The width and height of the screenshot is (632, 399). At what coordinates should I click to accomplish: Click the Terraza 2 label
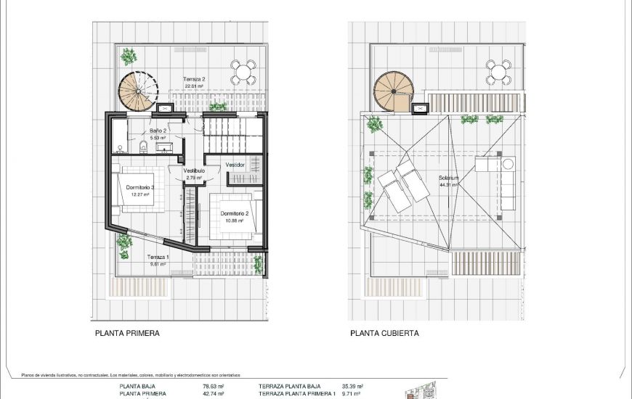coord(194,78)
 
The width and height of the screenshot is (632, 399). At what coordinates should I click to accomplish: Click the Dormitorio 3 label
coord(139,187)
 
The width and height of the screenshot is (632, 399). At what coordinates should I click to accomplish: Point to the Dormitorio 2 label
coord(235,213)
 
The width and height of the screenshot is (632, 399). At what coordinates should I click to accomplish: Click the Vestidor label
coord(235,165)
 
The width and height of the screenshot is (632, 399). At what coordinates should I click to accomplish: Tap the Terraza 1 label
coord(158,258)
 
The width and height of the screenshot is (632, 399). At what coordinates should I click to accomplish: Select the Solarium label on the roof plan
coord(448,178)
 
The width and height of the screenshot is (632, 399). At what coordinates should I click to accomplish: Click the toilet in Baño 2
coord(144,148)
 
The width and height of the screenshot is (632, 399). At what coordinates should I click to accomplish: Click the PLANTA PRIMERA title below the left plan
coord(127,334)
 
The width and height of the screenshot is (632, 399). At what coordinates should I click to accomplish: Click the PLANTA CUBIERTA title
coord(384,334)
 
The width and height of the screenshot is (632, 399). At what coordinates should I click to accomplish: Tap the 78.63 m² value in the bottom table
coord(212,387)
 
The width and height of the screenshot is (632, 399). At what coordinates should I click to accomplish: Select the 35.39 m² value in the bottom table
coord(352,387)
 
